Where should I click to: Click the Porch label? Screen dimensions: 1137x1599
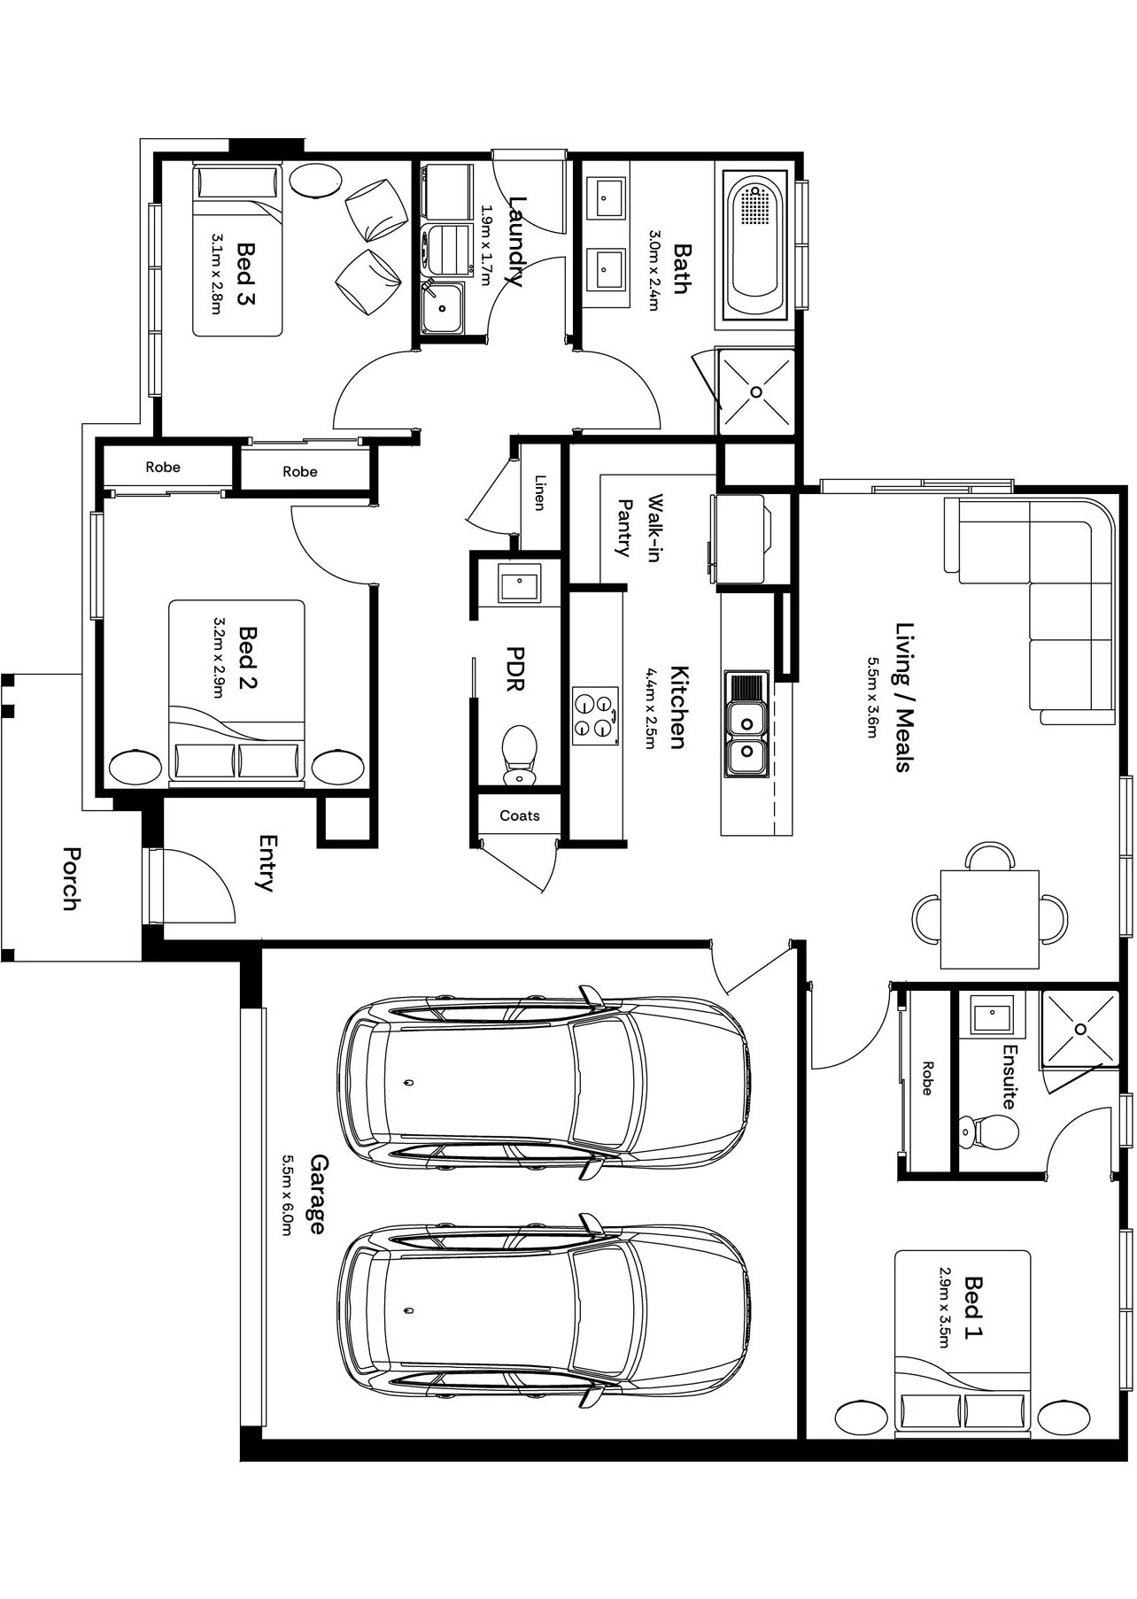71,878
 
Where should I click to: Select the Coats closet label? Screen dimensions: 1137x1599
519,815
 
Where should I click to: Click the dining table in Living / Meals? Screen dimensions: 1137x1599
989,919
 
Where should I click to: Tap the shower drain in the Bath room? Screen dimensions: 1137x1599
757,392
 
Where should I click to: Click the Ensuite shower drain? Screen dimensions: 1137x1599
1080,1029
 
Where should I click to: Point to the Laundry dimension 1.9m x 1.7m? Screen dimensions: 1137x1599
485,247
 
